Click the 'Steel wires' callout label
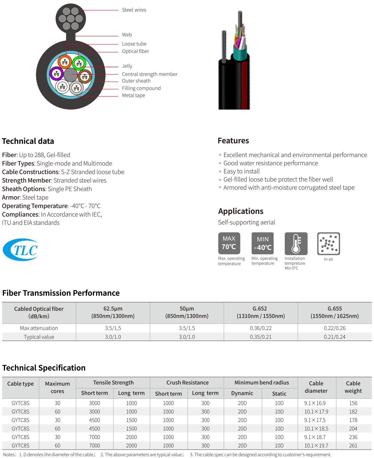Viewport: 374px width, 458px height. click(134, 10)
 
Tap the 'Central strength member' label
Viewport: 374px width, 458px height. click(150, 74)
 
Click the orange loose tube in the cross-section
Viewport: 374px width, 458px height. click(65, 62)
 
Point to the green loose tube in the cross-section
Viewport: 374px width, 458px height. click(79, 63)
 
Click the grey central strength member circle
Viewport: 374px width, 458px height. click(71, 75)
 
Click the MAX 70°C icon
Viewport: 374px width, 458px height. click(229, 243)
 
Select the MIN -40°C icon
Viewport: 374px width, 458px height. click(262, 243)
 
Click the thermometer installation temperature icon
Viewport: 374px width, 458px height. click(296, 243)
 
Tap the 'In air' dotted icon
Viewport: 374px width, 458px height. click(328, 243)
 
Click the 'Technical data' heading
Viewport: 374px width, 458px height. click(28, 141)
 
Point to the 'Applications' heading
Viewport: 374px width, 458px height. click(241, 211)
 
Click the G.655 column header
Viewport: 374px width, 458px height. click(335, 312)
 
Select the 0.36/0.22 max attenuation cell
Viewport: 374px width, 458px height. click(261, 328)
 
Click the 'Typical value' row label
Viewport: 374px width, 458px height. click(39, 337)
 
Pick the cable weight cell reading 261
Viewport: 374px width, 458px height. click(353, 445)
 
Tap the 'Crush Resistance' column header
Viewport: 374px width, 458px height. click(187, 382)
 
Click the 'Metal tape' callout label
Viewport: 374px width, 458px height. click(133, 95)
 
